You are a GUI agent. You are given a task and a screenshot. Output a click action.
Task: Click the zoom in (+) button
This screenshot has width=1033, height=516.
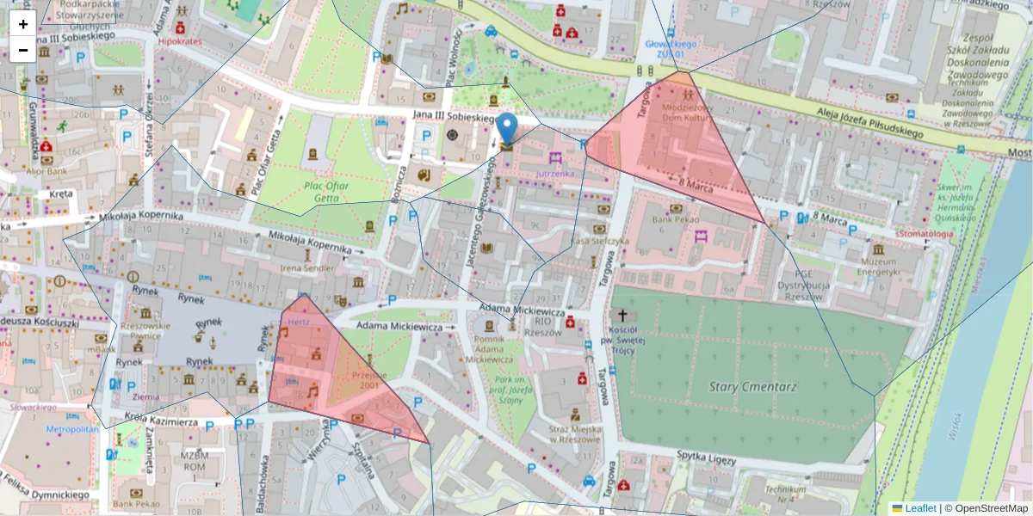click(x=22, y=24)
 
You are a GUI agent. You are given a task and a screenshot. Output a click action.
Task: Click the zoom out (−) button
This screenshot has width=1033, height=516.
click(x=22, y=50)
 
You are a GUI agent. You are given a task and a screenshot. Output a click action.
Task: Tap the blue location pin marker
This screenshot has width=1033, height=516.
click(x=508, y=129)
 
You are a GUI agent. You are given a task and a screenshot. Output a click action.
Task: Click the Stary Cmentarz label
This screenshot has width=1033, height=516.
click(x=746, y=386)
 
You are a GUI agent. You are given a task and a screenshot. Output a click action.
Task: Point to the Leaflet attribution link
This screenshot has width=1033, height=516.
click(x=920, y=508)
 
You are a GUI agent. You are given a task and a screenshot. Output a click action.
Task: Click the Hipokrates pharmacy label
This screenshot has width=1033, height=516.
click(x=181, y=40)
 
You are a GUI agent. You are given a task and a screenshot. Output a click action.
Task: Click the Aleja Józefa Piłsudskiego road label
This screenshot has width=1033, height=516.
click(x=862, y=118)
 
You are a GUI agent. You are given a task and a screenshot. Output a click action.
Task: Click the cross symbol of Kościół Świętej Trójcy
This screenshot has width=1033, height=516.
click(x=623, y=316)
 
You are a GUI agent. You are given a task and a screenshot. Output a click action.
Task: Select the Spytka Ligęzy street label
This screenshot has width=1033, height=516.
click(x=706, y=458)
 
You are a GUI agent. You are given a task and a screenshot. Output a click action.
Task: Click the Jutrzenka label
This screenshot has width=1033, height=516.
click(x=554, y=173)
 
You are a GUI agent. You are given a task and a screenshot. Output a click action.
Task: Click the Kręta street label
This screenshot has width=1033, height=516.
click(x=61, y=193)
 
